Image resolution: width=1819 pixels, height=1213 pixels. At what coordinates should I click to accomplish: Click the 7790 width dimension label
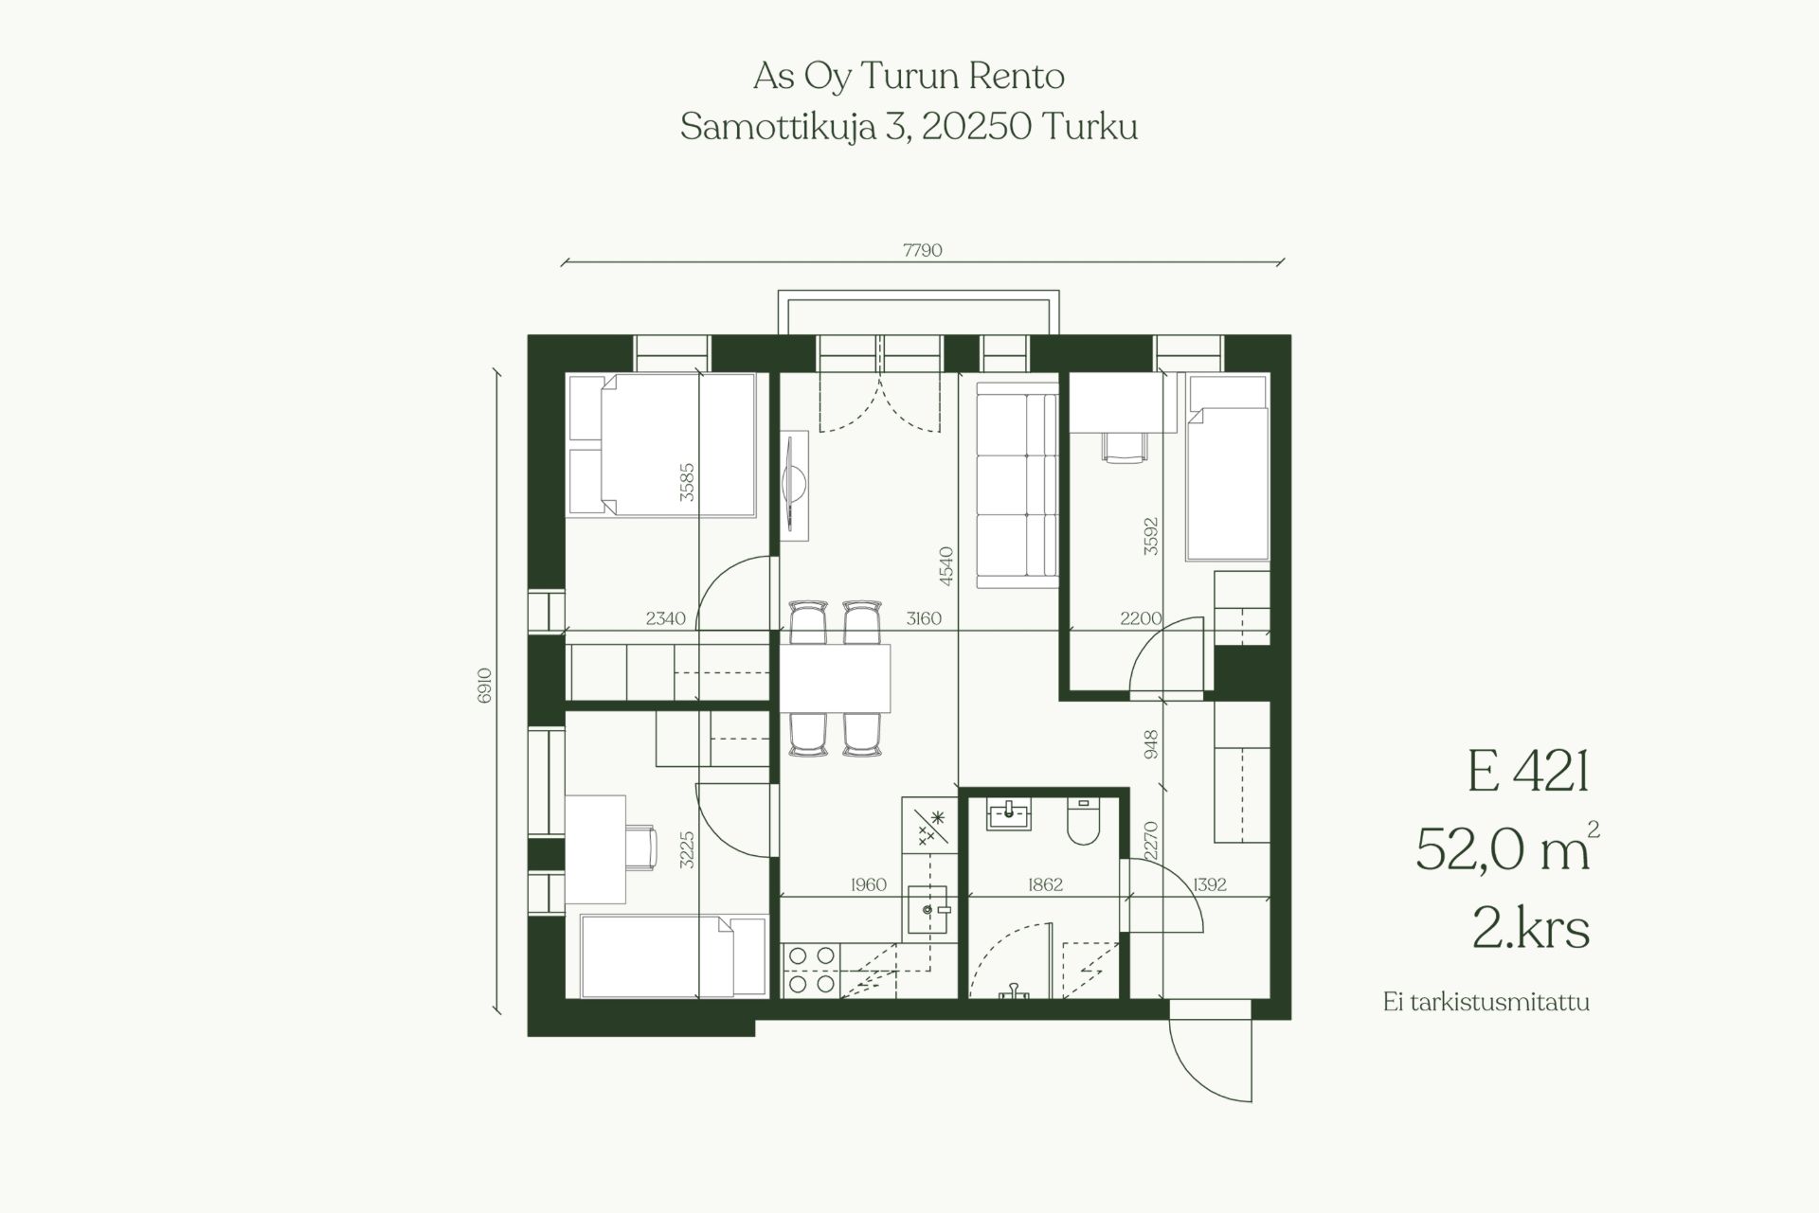click(922, 251)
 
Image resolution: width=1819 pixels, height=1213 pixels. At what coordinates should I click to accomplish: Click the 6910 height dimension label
click(485, 685)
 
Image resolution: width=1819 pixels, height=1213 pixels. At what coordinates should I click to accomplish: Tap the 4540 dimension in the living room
click(946, 565)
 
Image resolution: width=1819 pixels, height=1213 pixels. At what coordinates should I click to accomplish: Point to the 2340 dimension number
click(665, 618)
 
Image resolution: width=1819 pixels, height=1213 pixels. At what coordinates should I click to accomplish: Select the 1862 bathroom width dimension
click(1045, 884)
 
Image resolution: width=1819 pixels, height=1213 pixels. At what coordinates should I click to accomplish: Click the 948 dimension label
click(1151, 744)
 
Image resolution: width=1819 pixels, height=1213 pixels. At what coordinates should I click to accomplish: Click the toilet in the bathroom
click(1082, 821)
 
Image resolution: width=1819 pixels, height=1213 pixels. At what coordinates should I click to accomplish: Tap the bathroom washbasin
click(1009, 815)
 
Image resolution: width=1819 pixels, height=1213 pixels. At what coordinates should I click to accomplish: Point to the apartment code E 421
click(1527, 772)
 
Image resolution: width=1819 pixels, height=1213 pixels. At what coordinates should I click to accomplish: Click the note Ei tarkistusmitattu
click(1486, 1003)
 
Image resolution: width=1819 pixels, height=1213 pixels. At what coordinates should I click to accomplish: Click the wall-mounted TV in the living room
click(794, 486)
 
